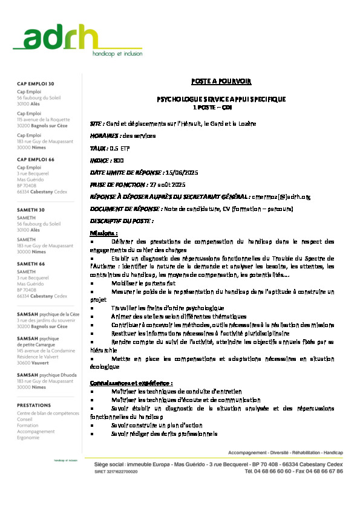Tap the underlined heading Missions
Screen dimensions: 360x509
coord(103,233)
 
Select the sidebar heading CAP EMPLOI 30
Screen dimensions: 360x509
coord(35,83)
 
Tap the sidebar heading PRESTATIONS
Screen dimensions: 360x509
coord(34,405)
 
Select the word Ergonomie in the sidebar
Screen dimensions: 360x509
coord(28,438)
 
